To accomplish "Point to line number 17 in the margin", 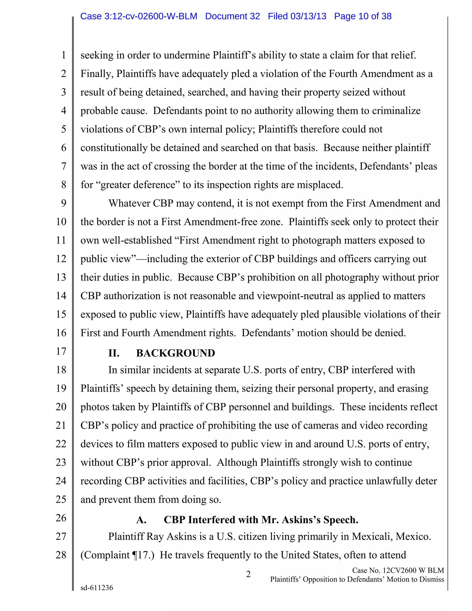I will [x=61, y=351].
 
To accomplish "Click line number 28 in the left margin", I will [x=61, y=555].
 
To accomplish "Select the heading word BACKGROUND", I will [x=176, y=353].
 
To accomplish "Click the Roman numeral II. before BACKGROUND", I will [x=114, y=353].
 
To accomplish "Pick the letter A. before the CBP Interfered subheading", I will [x=141, y=520].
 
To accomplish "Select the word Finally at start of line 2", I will [x=97, y=74].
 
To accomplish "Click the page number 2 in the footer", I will [x=248, y=574].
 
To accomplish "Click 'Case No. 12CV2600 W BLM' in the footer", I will [x=398, y=570].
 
